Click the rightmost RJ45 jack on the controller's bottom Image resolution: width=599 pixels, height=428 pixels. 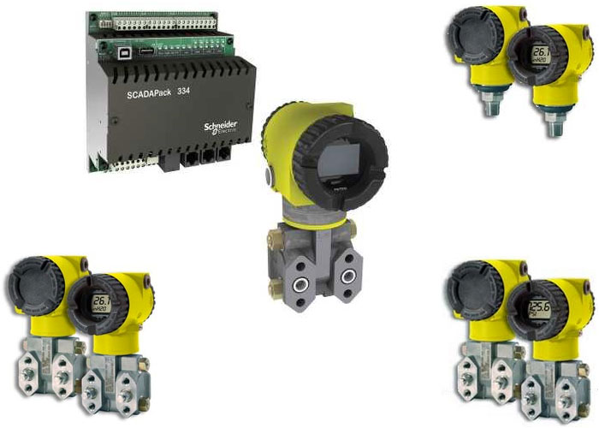(224, 156)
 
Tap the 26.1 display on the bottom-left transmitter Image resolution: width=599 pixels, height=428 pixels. (101, 302)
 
